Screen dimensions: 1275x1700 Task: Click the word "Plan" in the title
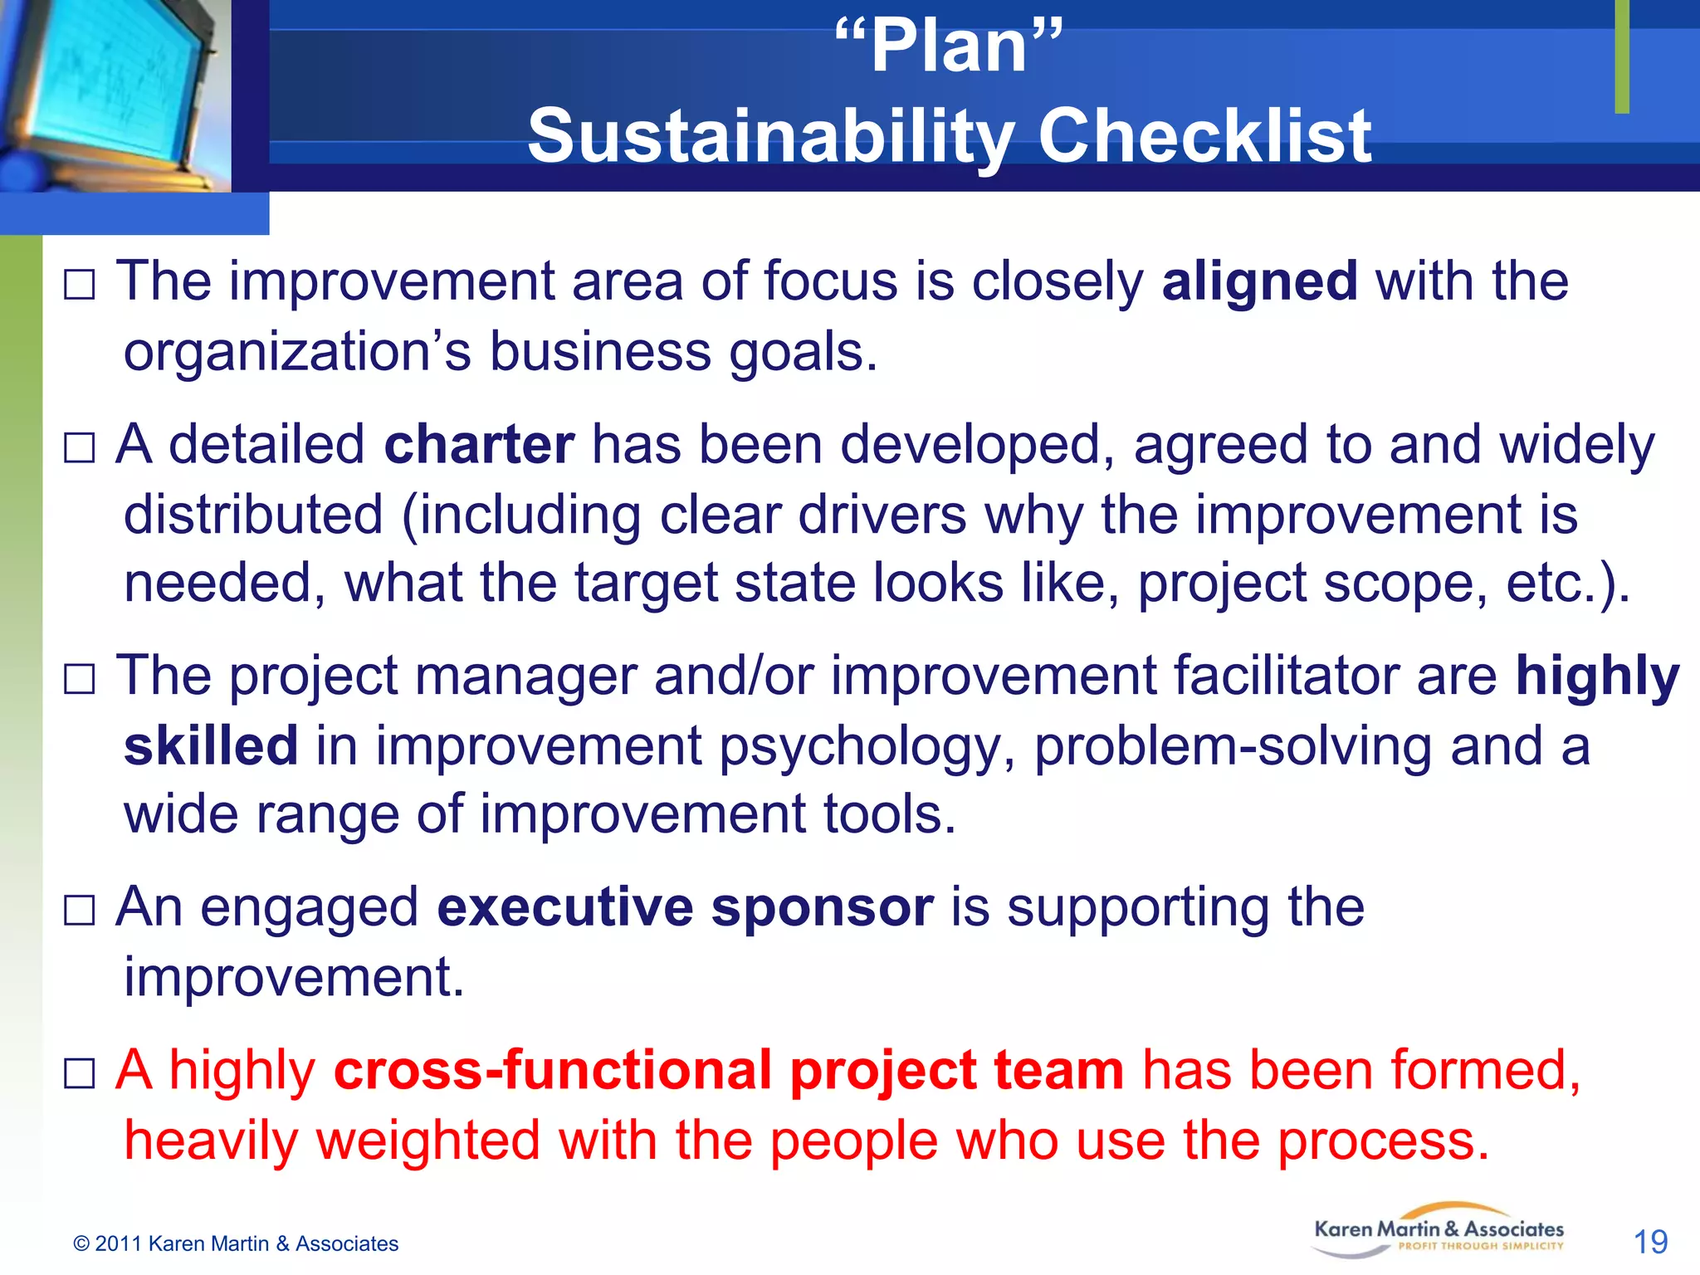tap(949, 47)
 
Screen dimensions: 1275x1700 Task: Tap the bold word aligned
tap(1259, 281)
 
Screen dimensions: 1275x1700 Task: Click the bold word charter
tap(479, 445)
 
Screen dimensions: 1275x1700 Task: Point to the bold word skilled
tap(211, 745)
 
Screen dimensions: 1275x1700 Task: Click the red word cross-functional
tap(553, 1070)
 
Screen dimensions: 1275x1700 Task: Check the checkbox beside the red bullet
tap(80, 1074)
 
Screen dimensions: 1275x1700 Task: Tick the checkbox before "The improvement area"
tap(80, 286)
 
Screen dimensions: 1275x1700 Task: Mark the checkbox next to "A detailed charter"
tap(80, 449)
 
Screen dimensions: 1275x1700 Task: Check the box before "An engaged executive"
tap(80, 911)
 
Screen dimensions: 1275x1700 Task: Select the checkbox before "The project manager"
tap(80, 680)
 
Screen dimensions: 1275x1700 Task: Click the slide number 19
tap(1650, 1243)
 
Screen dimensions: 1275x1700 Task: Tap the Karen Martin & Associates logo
tap(1439, 1230)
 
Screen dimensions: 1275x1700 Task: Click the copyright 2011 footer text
tap(236, 1243)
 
